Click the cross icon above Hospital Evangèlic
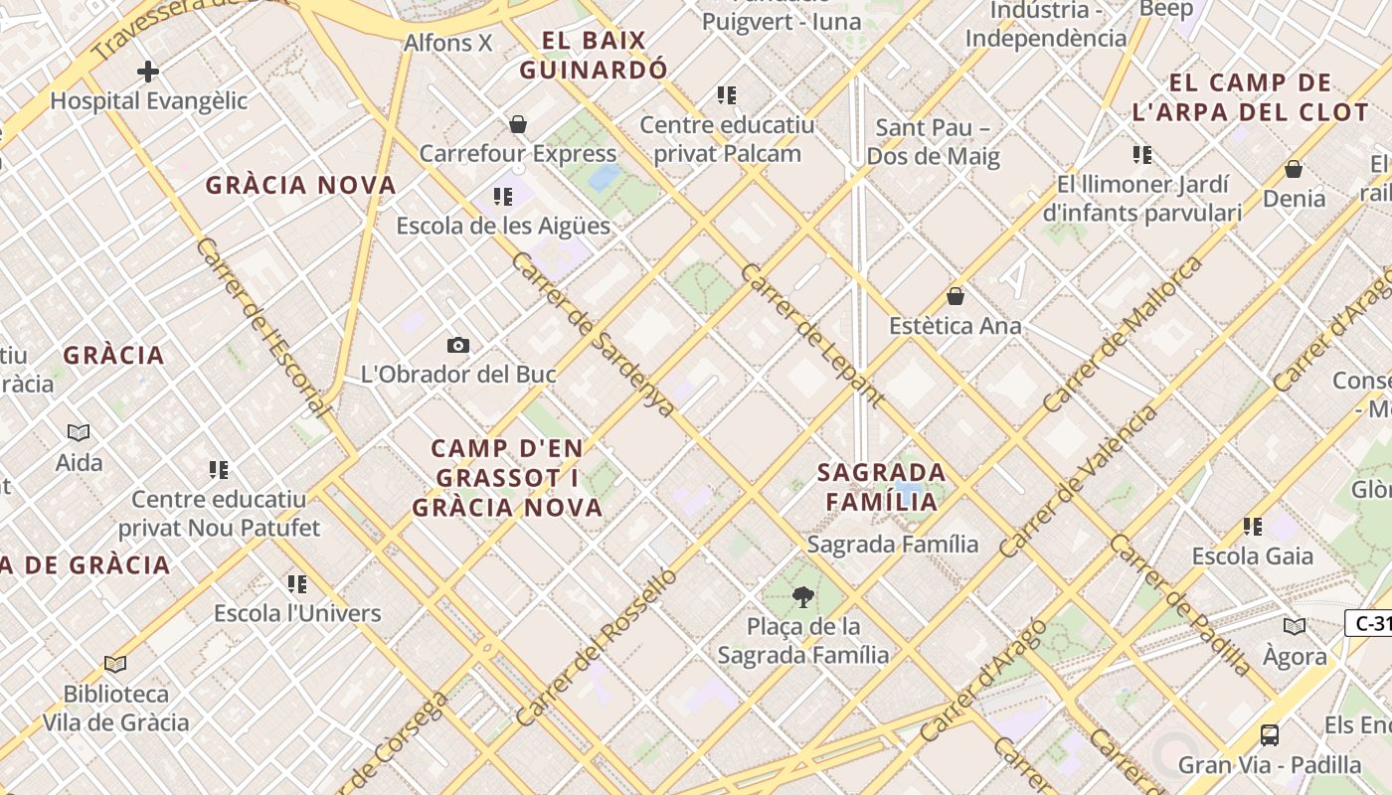point(148,72)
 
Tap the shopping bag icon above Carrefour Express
point(517,124)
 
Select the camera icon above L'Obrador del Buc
point(457,346)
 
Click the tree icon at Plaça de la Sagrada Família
point(802,597)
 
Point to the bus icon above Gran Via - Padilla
point(1270,735)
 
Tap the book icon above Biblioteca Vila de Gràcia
point(115,664)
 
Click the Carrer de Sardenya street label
point(594,334)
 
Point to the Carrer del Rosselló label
point(596,646)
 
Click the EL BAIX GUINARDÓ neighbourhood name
point(594,56)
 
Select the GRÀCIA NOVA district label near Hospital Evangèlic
point(300,185)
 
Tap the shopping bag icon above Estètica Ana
point(956,296)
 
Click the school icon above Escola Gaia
point(1252,527)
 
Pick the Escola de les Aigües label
point(503,226)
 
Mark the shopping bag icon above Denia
point(1294,169)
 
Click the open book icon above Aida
point(79,432)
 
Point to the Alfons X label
point(447,43)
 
